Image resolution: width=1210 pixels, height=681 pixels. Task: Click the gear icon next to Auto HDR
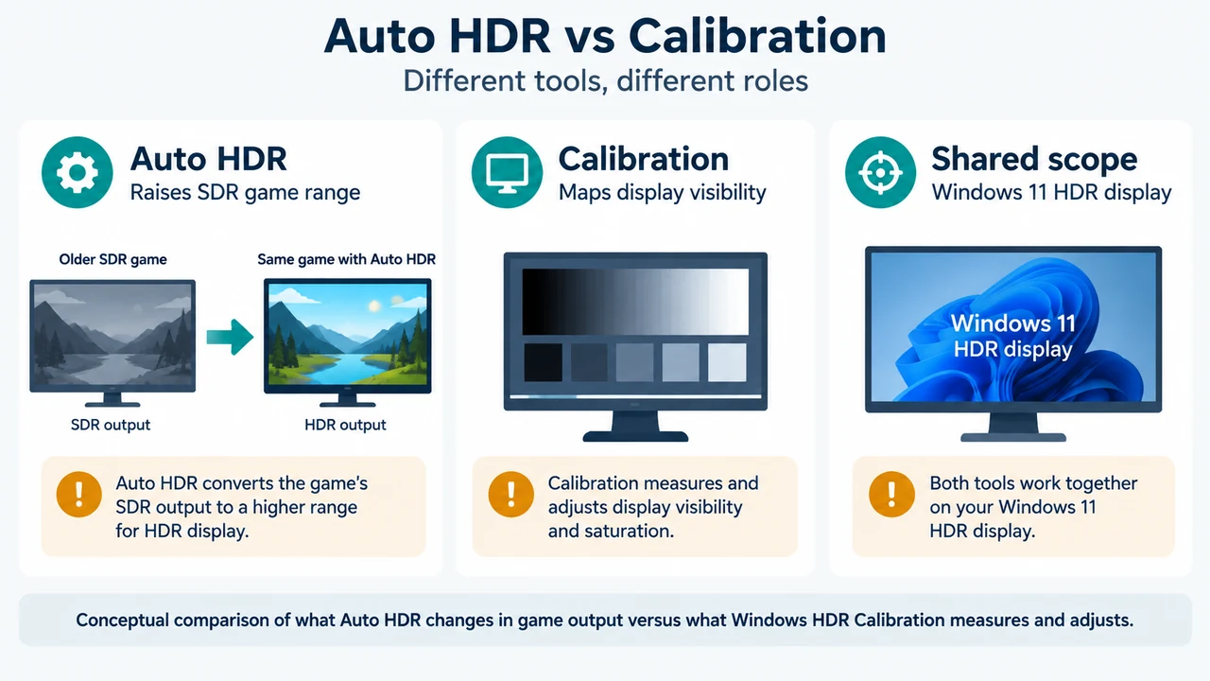(x=78, y=172)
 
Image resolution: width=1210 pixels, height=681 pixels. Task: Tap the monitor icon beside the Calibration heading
(x=507, y=172)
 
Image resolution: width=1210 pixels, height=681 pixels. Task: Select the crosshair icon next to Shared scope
(x=880, y=172)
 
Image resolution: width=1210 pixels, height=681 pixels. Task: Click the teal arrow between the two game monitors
(x=230, y=337)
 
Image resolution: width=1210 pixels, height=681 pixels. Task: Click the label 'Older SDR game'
(x=112, y=259)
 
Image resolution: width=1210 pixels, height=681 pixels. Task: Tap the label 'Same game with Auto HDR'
(x=346, y=259)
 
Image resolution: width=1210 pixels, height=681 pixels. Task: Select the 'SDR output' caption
(x=111, y=425)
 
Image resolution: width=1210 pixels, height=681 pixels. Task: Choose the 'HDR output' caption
(x=345, y=425)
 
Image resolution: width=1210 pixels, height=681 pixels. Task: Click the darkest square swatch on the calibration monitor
(x=543, y=362)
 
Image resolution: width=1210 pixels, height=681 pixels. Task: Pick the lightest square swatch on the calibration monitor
(x=727, y=362)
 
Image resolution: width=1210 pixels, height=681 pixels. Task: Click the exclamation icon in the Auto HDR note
(x=78, y=495)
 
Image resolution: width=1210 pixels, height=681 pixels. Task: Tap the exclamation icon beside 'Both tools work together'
(x=891, y=495)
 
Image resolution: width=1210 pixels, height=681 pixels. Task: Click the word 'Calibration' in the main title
(x=757, y=36)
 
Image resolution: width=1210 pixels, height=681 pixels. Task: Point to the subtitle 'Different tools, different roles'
(x=606, y=81)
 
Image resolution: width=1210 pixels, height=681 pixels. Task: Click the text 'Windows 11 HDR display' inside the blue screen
(x=1012, y=336)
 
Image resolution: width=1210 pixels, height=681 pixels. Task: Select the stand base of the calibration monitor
(x=635, y=436)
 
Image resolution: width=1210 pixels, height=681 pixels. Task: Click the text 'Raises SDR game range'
(x=245, y=192)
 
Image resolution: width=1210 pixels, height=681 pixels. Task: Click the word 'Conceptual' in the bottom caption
(x=123, y=620)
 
